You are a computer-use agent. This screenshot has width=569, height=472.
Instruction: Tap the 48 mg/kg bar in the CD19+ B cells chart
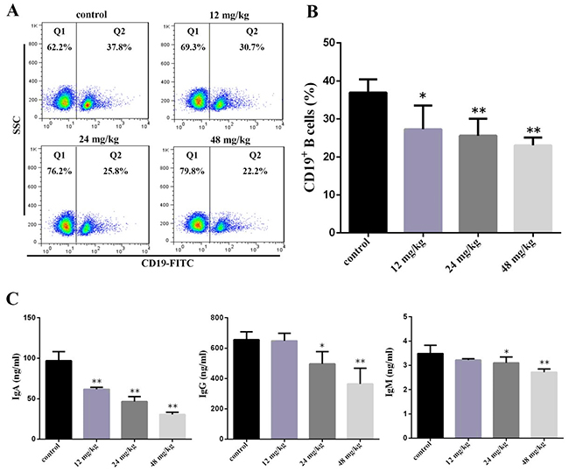[x=515, y=188]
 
